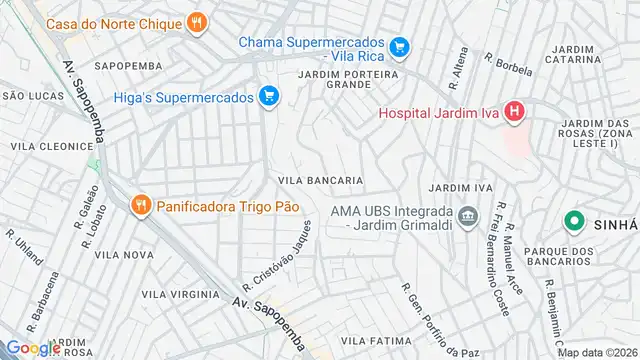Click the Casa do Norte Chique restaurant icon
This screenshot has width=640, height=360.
[x=198, y=22]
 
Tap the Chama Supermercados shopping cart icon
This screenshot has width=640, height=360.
[x=399, y=46]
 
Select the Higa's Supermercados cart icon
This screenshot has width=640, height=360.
[x=268, y=96]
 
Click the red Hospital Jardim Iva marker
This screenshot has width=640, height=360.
[x=514, y=112]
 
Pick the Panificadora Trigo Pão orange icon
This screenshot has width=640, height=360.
[x=140, y=205]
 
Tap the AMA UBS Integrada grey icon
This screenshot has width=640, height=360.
[x=467, y=215]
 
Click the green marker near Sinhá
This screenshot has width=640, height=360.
[x=575, y=221]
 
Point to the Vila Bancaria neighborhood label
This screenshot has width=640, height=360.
[x=320, y=181]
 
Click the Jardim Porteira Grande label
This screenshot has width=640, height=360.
[x=349, y=78]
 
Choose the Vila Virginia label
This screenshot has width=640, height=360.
[x=180, y=295]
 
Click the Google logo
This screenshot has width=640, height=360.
[x=33, y=347]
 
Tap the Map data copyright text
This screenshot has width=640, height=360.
[x=596, y=352]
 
